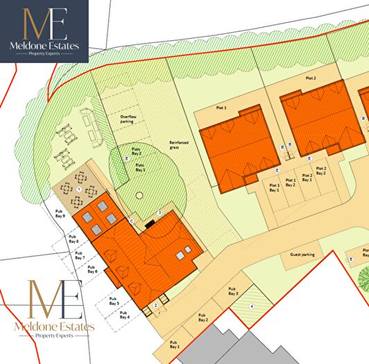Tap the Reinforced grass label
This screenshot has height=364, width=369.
coord(179,146)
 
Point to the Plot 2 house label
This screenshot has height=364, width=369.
coord(310,79)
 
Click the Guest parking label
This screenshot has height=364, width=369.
coord(302,254)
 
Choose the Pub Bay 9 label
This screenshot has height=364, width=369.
coord(59,214)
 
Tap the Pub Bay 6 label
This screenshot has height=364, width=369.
coord(91,268)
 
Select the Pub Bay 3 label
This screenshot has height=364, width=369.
coord(232,291)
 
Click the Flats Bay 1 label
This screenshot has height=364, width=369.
coord(140,167)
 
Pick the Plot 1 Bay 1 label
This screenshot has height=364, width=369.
coord(274,187)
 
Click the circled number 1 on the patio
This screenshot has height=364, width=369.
coord(79,189)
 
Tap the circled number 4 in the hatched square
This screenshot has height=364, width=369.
coord(252,306)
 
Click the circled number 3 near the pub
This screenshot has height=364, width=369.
coord(159,212)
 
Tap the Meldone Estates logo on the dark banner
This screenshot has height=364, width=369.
coord(44,31)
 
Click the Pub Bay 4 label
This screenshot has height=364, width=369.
coord(124,315)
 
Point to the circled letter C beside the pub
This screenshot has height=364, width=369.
coord(131,220)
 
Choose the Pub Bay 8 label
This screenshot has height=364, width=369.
coord(73,239)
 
